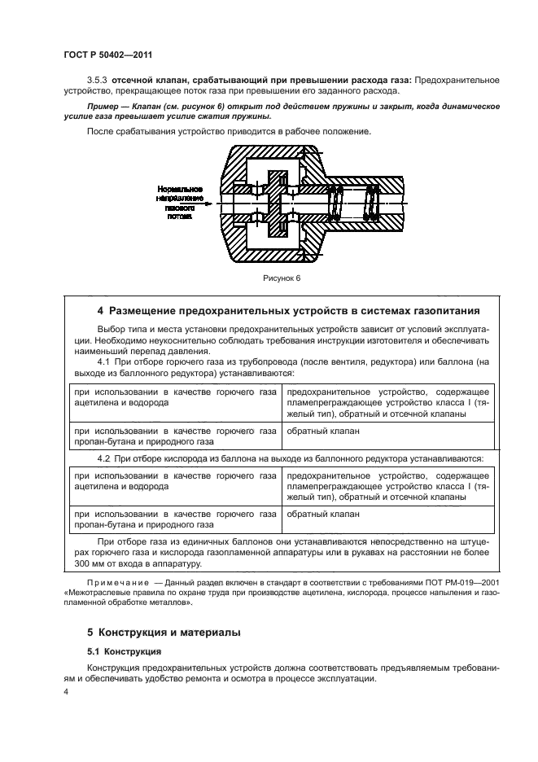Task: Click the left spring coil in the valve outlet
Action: point(332,204)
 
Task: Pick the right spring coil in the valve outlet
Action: point(372,204)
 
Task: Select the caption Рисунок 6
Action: point(281,277)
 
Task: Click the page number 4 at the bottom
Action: point(67,692)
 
